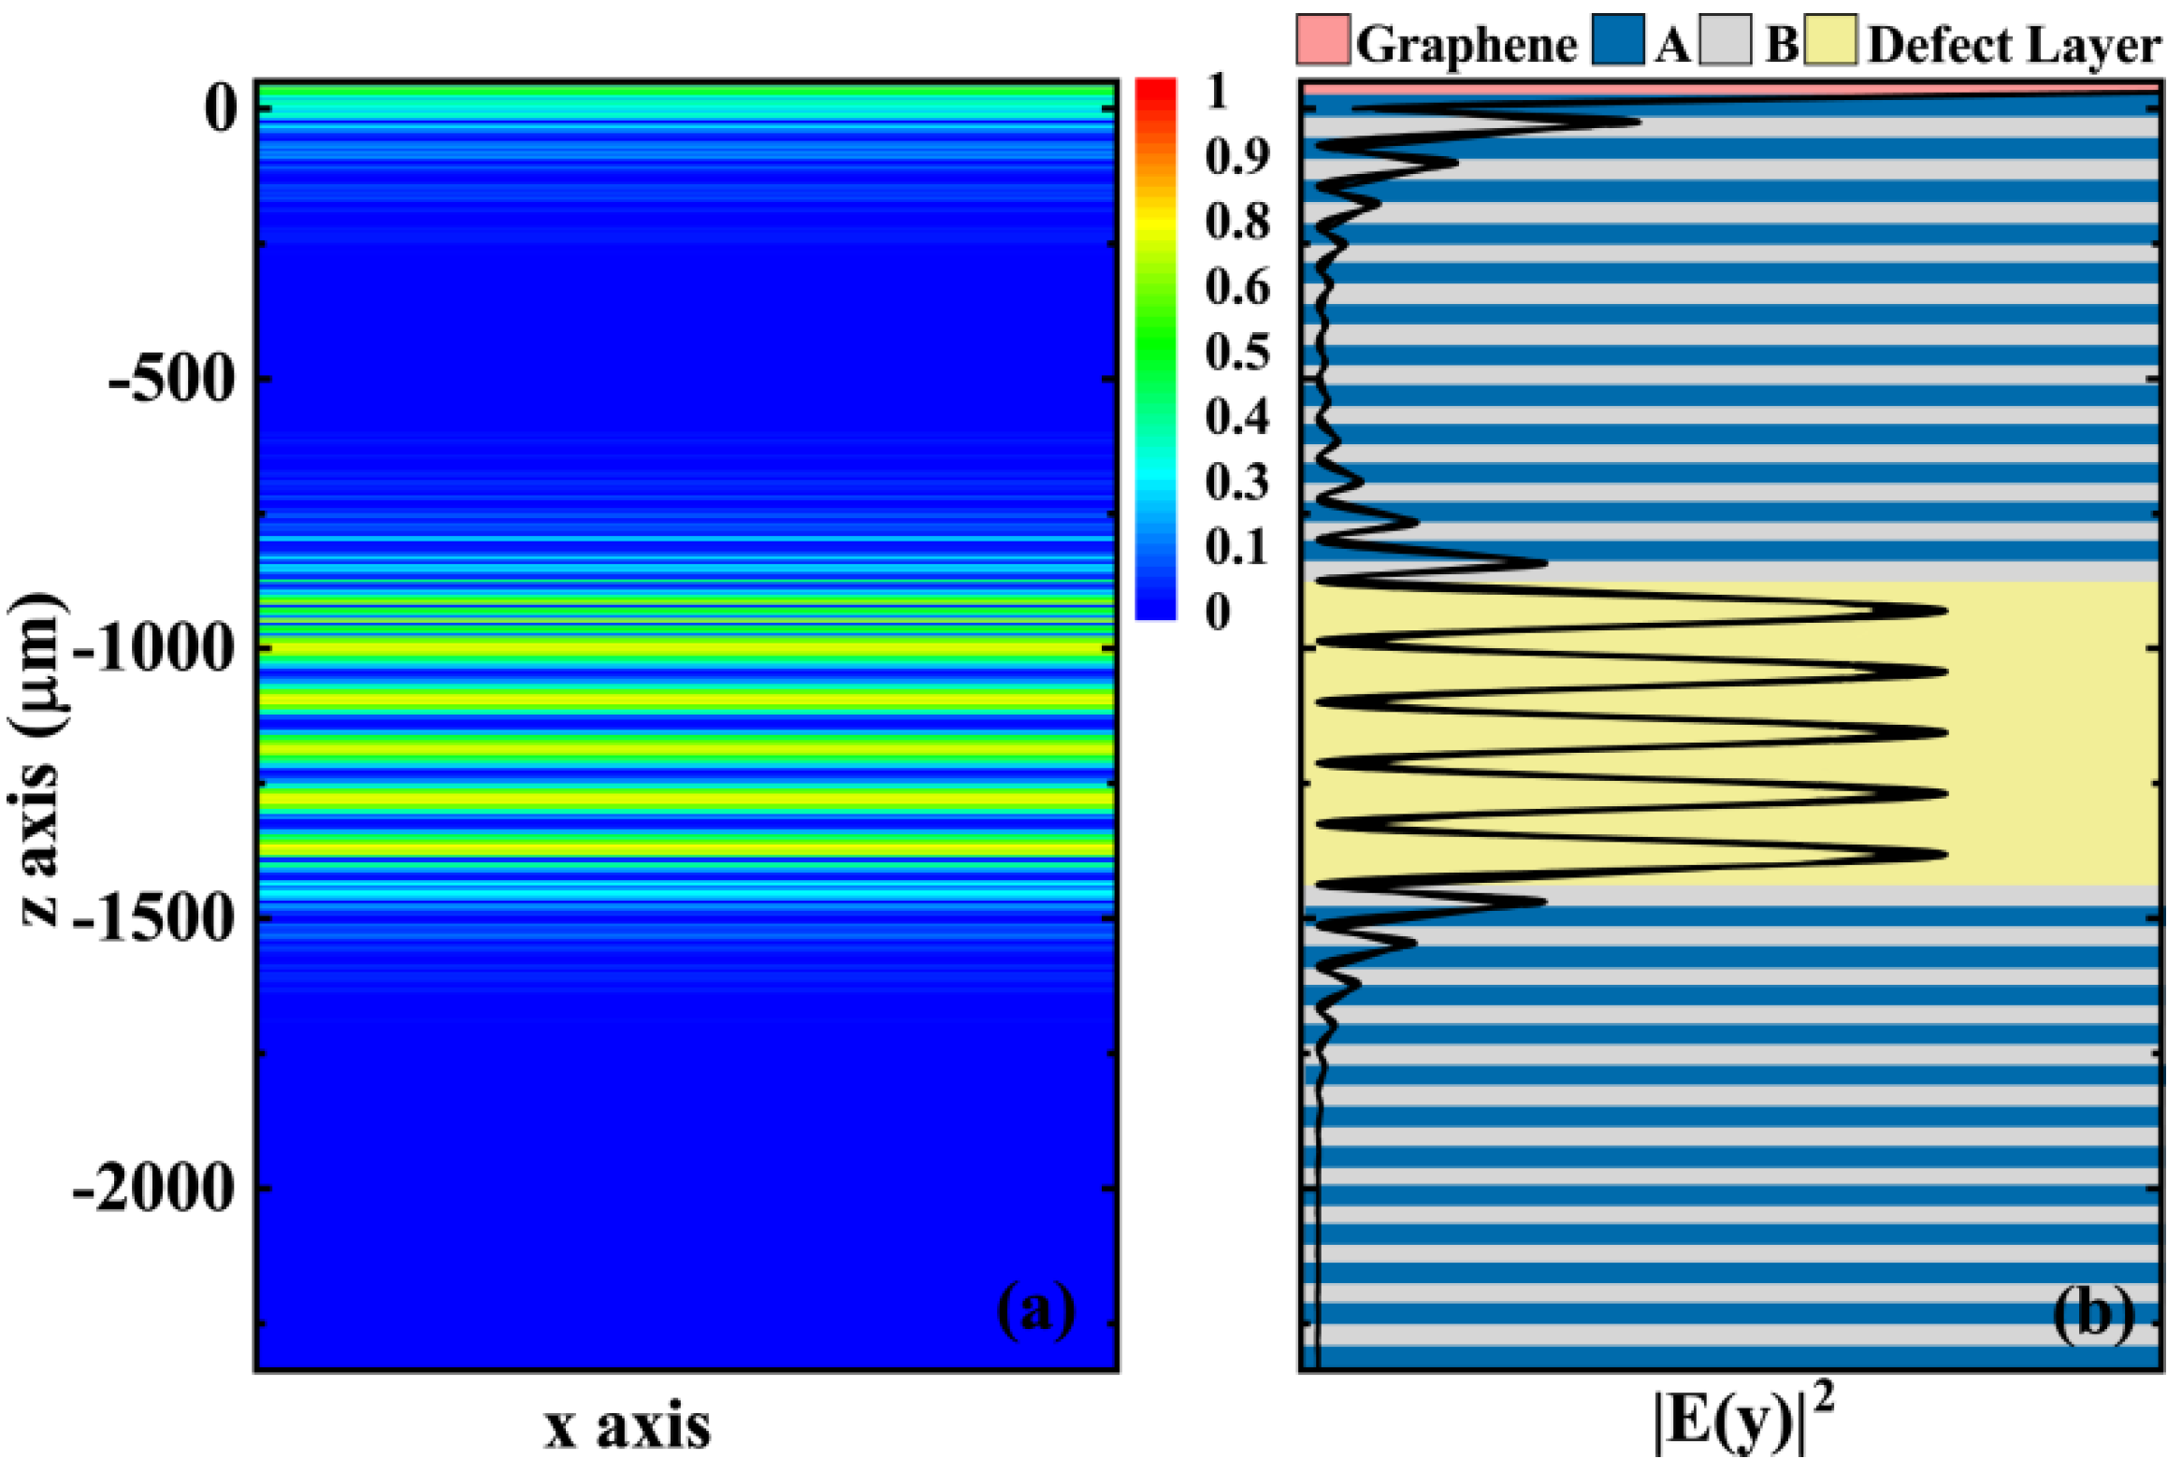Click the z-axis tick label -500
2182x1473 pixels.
click(170, 382)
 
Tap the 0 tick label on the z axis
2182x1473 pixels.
click(222, 108)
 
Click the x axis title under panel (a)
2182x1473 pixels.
click(628, 1427)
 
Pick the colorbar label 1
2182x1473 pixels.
click(1218, 92)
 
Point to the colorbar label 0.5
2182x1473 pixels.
click(1237, 352)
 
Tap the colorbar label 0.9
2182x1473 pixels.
click(1237, 157)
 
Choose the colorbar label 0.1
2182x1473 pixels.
click(1237, 547)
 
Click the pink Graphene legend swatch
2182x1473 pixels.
click(1323, 40)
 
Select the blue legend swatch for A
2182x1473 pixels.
click(1618, 40)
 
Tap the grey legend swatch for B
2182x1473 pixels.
click(1725, 40)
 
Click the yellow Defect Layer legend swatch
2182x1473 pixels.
click(1830, 40)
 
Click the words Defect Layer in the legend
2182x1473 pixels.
click(2015, 45)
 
